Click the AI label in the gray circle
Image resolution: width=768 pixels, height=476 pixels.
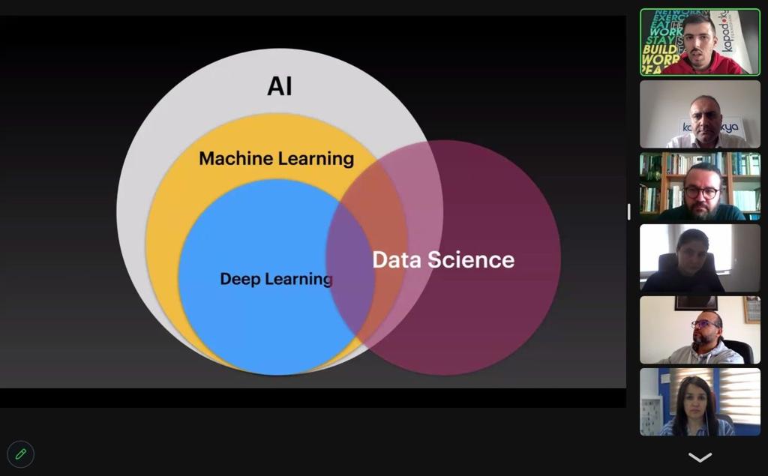pyautogui.click(x=280, y=86)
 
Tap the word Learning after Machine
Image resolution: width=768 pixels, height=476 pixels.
pyautogui.click(x=316, y=159)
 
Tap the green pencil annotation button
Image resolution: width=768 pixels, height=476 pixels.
pyautogui.click(x=21, y=454)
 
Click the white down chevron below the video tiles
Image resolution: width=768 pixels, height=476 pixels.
pyautogui.click(x=700, y=457)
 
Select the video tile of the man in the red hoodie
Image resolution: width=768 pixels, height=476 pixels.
pyautogui.click(x=700, y=42)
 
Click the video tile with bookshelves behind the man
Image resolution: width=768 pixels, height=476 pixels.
pyautogui.click(x=700, y=186)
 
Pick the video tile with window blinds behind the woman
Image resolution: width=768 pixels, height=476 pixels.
pyautogui.click(x=700, y=402)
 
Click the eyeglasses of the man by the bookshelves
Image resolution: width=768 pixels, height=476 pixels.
pyautogui.click(x=701, y=193)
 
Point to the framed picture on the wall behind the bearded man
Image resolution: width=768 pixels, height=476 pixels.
pyautogui.click(x=751, y=309)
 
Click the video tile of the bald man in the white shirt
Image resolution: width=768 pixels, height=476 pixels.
pyautogui.click(x=700, y=114)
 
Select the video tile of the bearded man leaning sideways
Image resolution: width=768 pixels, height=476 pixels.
pyautogui.click(x=700, y=330)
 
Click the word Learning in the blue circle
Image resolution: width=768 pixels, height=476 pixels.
pyautogui.click(x=298, y=279)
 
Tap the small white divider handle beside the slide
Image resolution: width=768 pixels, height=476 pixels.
pyautogui.click(x=628, y=211)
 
